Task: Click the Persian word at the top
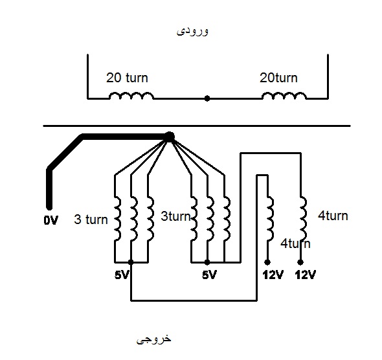192,32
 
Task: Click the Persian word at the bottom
153,339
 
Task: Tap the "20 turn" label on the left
127,78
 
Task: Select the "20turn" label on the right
278,78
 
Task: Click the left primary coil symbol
131,96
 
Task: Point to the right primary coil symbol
284,96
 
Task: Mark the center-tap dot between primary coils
207,98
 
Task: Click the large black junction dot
170,137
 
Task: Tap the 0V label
51,220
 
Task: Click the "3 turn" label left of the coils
91,219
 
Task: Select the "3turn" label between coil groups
175,216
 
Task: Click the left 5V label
121,275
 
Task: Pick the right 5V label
209,275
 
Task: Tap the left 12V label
273,275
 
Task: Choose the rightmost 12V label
306,275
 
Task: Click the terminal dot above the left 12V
267,262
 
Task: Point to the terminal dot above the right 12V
300,262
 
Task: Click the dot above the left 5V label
131,262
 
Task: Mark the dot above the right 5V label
207,262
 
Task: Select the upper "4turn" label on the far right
333,216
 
